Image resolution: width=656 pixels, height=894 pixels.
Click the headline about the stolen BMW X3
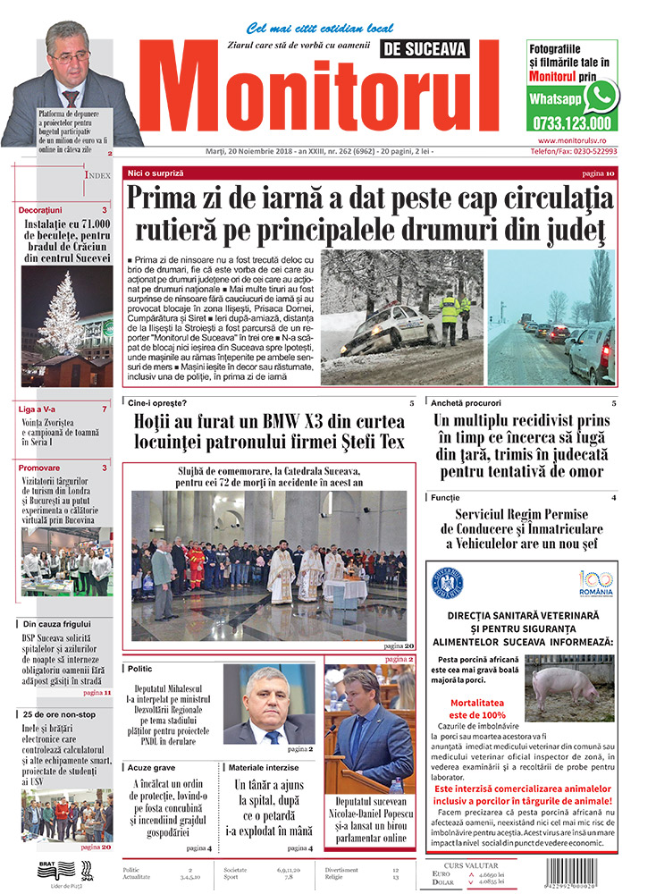tap(269, 431)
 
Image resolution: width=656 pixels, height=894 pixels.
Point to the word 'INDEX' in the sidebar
tap(97, 176)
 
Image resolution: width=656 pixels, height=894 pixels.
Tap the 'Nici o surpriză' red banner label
tap(156, 172)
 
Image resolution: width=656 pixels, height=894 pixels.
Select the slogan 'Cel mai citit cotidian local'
tap(319, 29)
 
